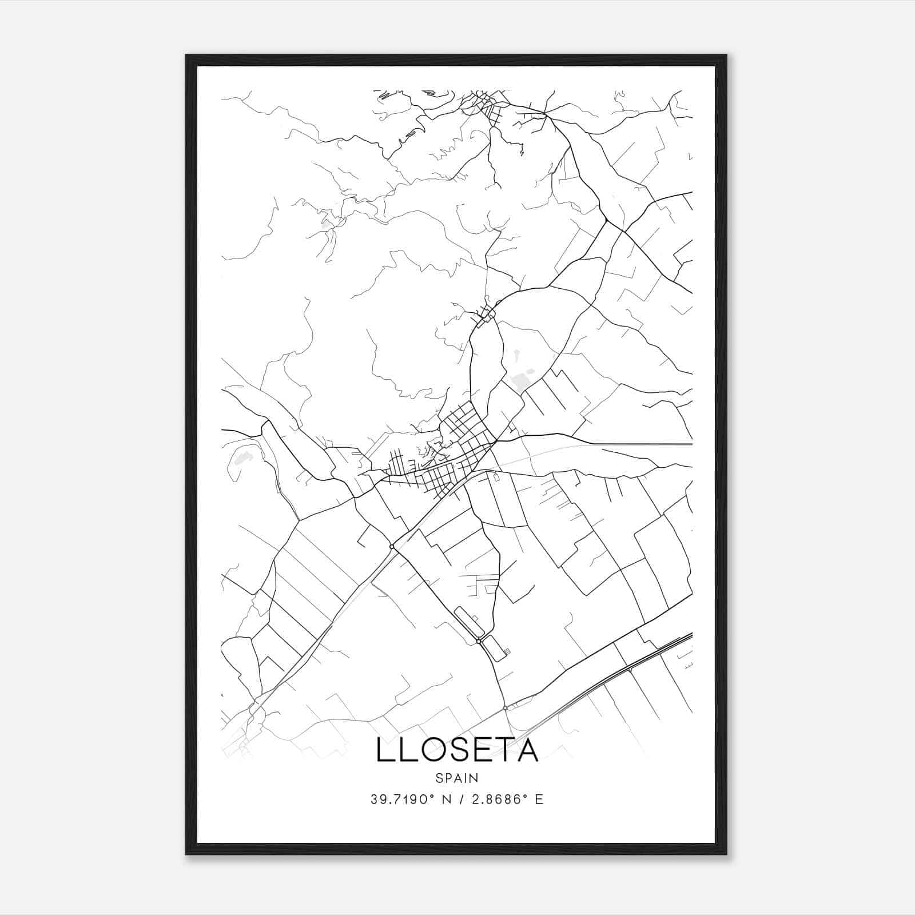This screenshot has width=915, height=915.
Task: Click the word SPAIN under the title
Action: [456, 778]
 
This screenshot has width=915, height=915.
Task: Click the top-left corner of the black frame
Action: [186, 56]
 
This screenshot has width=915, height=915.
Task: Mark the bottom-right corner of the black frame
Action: [726, 854]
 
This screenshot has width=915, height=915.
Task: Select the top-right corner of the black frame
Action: [726, 56]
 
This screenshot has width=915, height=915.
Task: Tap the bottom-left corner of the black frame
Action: [186, 854]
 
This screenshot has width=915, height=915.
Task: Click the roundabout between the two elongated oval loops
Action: [479, 642]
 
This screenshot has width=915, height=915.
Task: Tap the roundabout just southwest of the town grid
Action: [392, 547]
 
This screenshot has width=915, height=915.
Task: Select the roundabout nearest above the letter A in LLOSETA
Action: [506, 709]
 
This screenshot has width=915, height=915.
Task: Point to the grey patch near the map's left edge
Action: [242, 457]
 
